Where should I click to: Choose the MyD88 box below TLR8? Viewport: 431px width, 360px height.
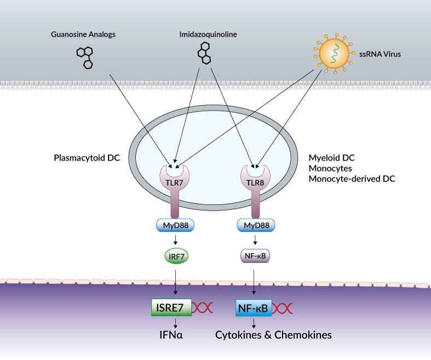pyautogui.click(x=256, y=225)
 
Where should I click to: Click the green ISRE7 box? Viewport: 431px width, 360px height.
pyautogui.click(x=171, y=308)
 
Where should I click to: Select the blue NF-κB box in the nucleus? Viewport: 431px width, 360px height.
pyautogui.click(x=253, y=308)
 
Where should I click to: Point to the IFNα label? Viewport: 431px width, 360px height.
pyautogui.click(x=171, y=334)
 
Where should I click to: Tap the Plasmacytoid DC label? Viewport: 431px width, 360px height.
pyautogui.click(x=87, y=159)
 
